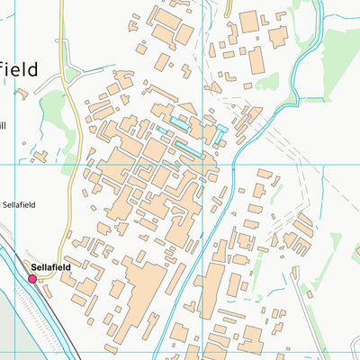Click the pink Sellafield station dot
(32, 279)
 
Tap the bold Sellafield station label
(51, 267)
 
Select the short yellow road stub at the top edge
(228, 7)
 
